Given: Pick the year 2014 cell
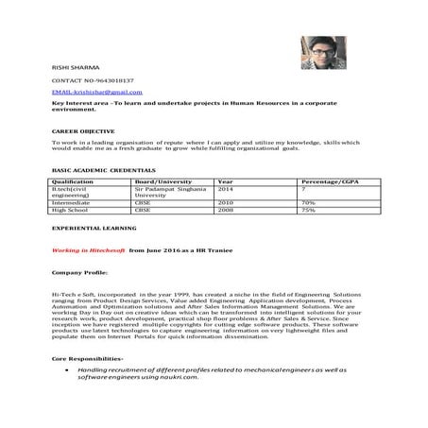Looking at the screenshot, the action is point(226,189).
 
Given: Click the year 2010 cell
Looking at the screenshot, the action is point(226,202).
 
